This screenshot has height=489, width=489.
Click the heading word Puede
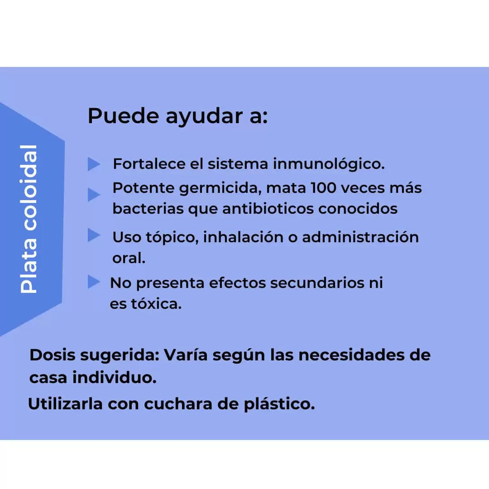[124, 116]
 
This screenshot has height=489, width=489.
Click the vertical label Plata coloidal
[29, 219]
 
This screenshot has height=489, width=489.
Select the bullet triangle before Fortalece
[94, 164]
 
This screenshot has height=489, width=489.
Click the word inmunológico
[329, 164]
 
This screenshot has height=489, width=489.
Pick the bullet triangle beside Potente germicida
[94, 195]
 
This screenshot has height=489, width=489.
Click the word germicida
[221, 189]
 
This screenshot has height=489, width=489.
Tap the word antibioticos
[268, 209]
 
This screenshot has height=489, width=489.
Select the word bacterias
[148, 209]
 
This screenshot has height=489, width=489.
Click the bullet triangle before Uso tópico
[94, 235]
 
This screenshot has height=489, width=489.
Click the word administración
[360, 237]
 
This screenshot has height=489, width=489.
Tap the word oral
[129, 258]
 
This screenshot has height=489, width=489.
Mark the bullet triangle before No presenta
[94, 282]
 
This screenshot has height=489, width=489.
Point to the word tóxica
[156, 304]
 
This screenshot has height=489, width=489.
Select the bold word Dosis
[53, 355]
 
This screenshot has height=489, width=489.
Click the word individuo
[115, 377]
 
